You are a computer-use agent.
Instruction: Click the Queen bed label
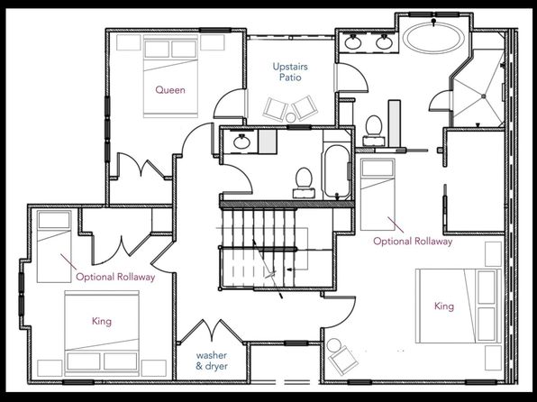coord(170,90)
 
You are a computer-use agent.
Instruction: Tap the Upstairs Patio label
coord(290,71)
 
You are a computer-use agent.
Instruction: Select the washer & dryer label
coord(212,361)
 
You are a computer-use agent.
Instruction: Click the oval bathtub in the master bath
coord(433,38)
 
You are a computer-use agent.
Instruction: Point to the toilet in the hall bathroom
coord(304,183)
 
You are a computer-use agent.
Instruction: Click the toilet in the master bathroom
coord(374,130)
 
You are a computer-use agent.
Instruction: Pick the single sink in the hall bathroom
coord(241,142)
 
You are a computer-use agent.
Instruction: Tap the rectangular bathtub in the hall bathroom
coord(337,171)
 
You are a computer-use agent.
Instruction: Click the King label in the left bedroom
coord(102,321)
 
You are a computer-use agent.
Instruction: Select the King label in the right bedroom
coord(444,306)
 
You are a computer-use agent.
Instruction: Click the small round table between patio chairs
coord(291,117)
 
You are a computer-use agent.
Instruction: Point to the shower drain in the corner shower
coord(484,96)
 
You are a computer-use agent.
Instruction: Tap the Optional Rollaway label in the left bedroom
coord(115,277)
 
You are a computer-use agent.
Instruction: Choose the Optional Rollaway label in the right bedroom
coord(413,241)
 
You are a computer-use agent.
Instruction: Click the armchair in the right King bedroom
coord(343,360)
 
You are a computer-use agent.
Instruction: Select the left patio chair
coord(275,109)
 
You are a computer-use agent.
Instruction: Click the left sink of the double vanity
coord(352,42)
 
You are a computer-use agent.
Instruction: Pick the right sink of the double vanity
coord(384,42)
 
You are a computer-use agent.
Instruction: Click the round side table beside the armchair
coord(333,345)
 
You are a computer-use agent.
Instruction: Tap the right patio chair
coord(305,107)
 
